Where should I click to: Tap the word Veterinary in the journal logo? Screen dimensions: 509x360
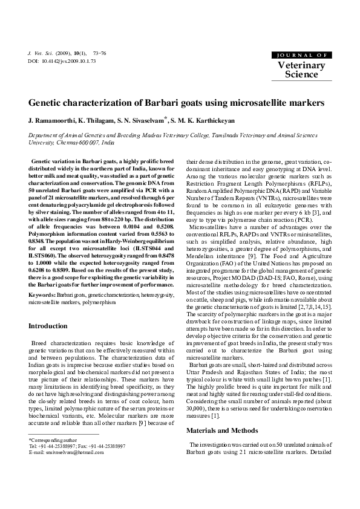301,65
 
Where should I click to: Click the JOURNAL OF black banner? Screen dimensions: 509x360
301,54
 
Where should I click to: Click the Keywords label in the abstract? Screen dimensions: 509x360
41,277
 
